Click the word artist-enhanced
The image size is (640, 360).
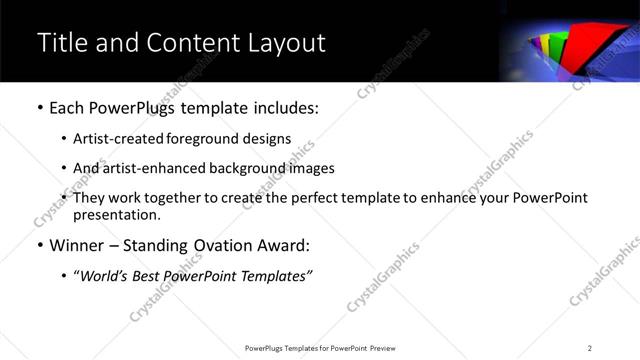tap(154, 168)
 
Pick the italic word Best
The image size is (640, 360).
tap(147, 275)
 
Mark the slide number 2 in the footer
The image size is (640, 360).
tap(590, 348)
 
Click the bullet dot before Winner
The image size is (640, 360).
tap(39, 245)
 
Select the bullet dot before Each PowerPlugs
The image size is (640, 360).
tap(39, 107)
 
